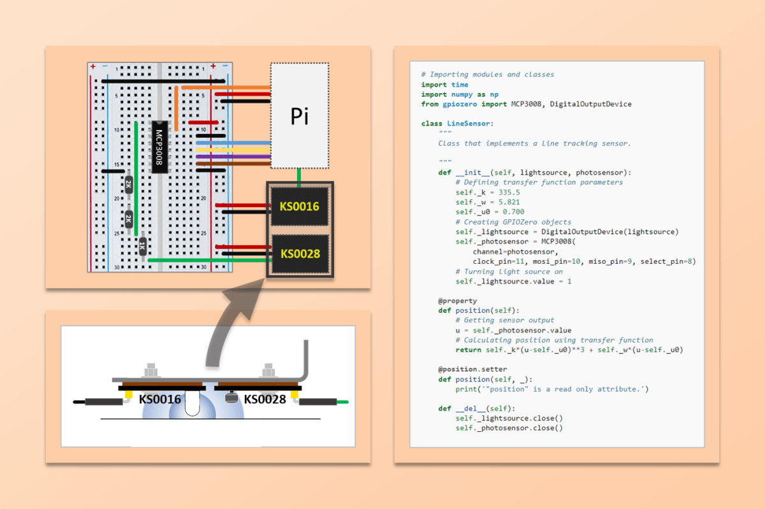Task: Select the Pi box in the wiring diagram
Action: coord(300,116)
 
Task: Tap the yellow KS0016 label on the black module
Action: coord(299,207)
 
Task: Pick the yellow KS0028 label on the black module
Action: coord(299,254)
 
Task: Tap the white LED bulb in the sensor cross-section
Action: coord(193,403)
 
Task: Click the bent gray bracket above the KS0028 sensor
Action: coord(305,363)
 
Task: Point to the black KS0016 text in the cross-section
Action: coord(160,399)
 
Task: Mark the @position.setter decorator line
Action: coord(472,369)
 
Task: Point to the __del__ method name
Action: coord(472,408)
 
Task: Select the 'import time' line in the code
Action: coord(444,84)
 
